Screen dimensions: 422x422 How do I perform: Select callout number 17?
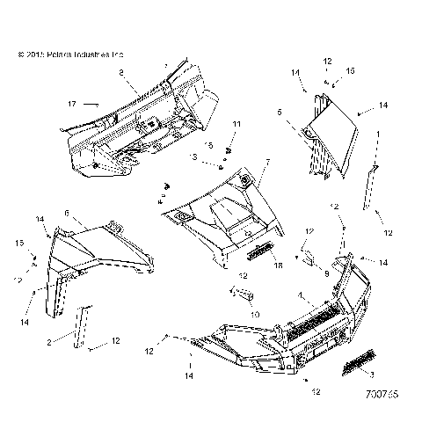coord(72,104)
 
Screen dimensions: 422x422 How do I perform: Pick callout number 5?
coord(304,113)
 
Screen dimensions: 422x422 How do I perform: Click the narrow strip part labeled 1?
coord(371,186)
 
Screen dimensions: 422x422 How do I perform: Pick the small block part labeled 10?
coord(245,295)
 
